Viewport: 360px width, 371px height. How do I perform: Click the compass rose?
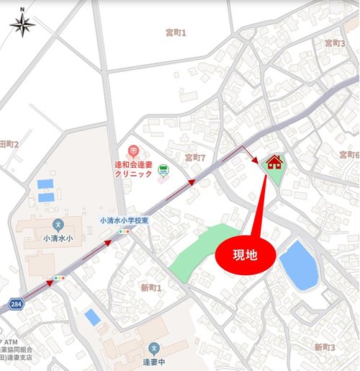[x=22, y=24]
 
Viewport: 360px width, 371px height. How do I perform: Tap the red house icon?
[x=274, y=162]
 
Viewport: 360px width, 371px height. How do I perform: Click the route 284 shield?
[x=16, y=305]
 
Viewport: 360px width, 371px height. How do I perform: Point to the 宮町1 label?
[x=176, y=32]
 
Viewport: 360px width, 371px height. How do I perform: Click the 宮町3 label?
[x=335, y=43]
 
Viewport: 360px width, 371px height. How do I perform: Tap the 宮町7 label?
[x=195, y=157]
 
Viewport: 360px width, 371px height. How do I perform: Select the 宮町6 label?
[x=348, y=155]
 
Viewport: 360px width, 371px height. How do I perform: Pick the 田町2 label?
[x=9, y=144]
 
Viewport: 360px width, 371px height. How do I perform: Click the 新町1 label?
[x=151, y=287]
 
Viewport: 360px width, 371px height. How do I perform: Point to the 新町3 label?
[x=325, y=347]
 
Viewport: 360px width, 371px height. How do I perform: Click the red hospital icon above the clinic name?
[x=132, y=151]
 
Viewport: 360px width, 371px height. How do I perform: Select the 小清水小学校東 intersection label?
[x=124, y=220]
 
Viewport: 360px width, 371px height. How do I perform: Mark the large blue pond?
[x=299, y=264]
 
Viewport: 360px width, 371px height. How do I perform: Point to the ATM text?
[x=12, y=341]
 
